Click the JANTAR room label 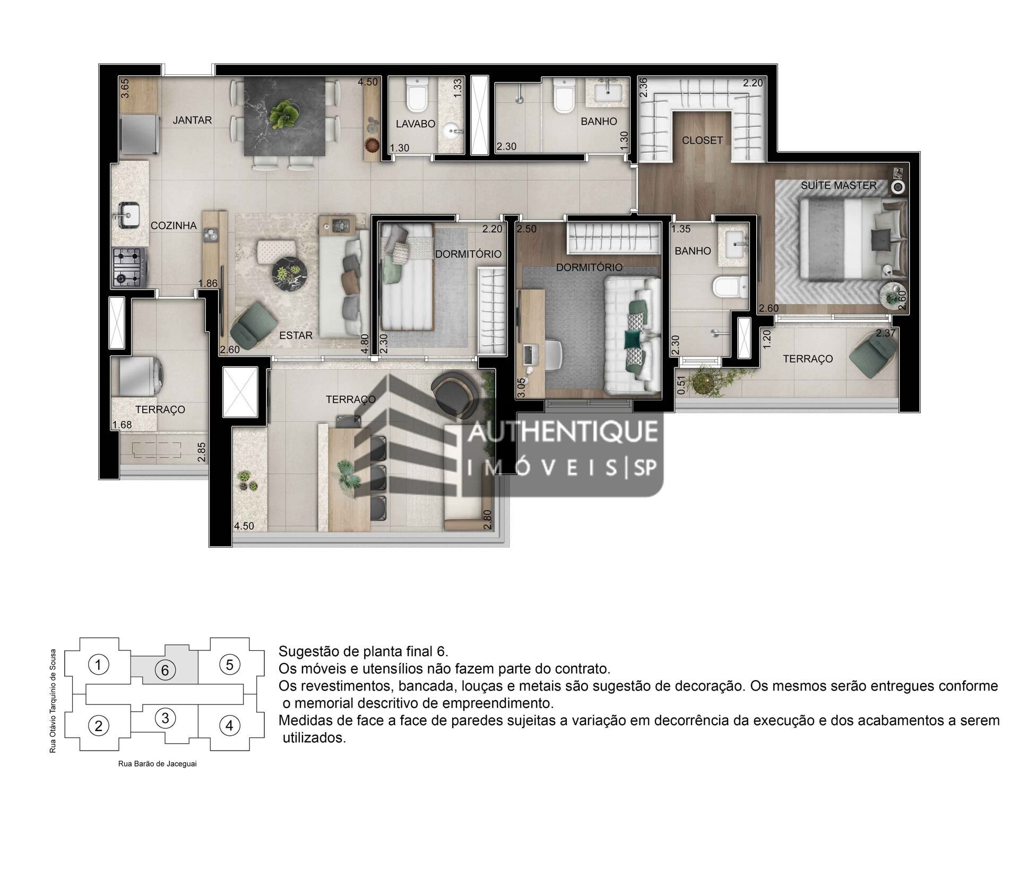(192, 120)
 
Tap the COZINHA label (174, 225)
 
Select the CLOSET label (702, 141)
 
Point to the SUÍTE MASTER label (839, 186)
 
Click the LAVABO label (416, 124)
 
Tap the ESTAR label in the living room (296, 335)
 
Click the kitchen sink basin (126, 213)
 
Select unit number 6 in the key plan (165, 670)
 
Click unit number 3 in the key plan (165, 718)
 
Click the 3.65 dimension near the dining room (125, 88)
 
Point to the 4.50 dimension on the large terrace (244, 526)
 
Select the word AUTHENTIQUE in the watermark (562, 431)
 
